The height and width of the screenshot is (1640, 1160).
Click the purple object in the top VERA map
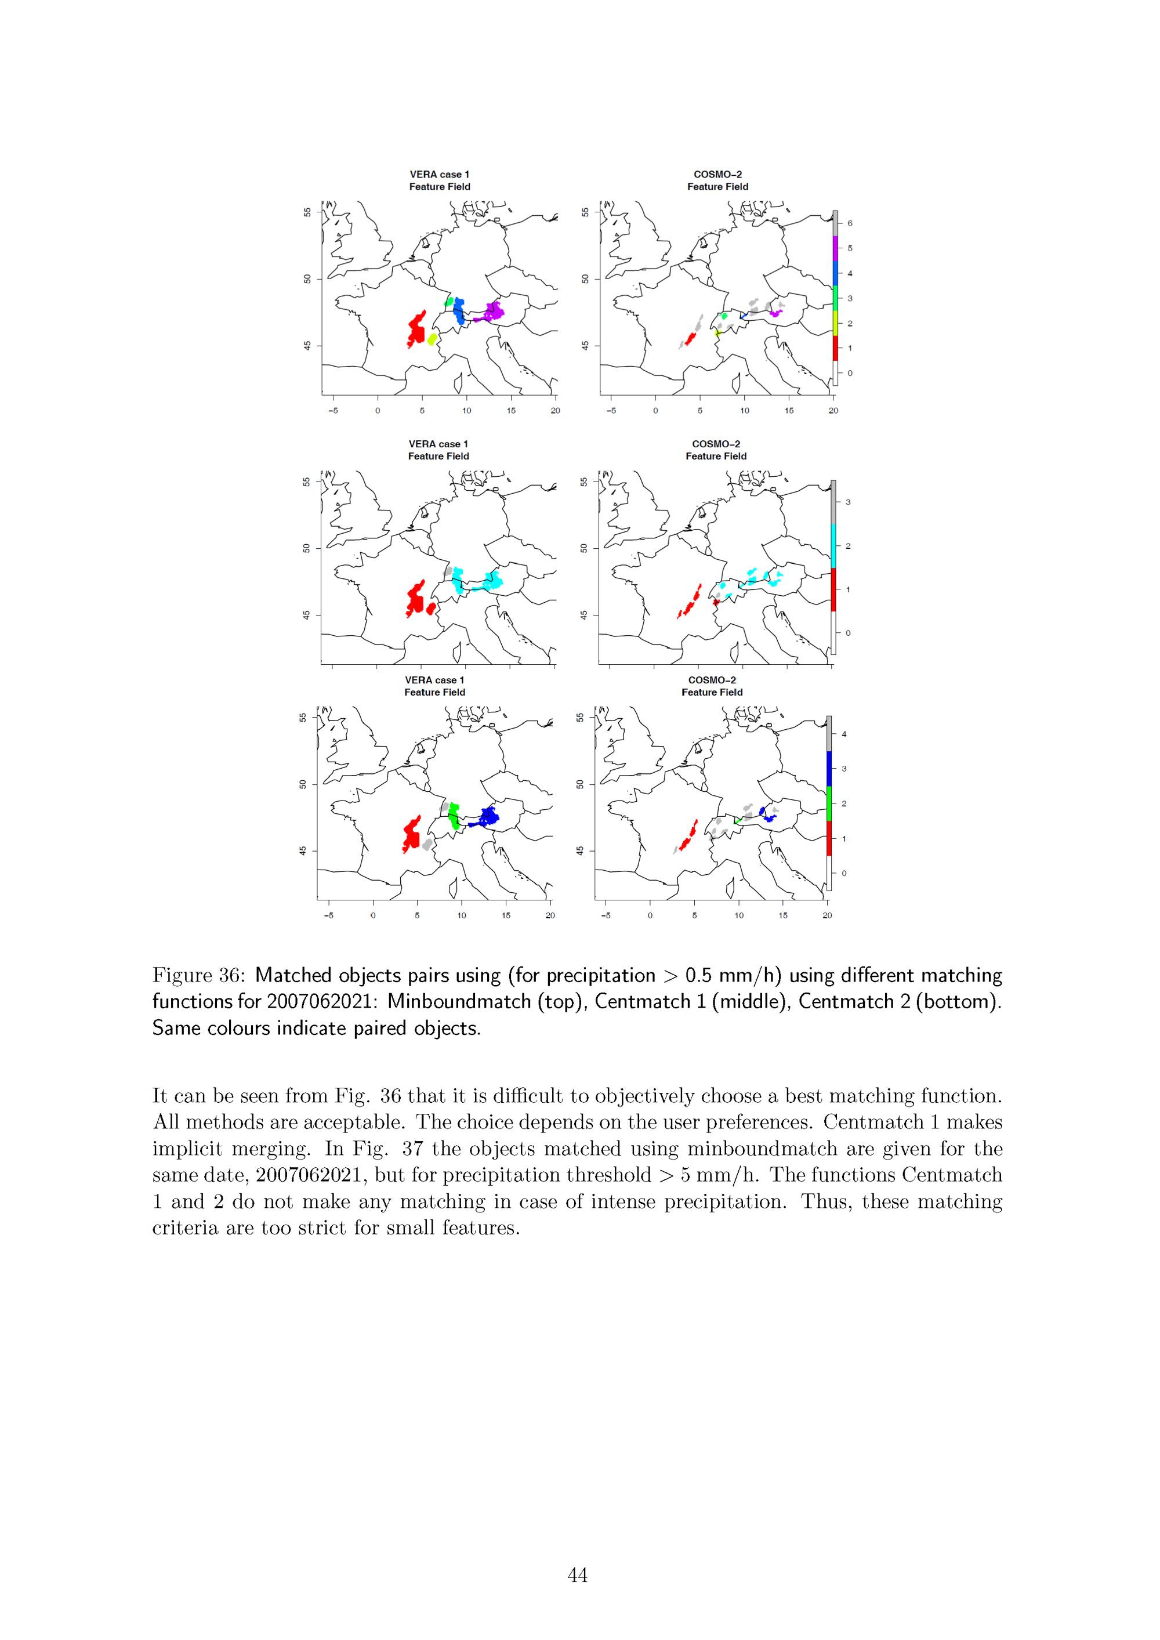coord(493,312)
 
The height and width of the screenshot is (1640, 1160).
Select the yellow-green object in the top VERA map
coord(432,339)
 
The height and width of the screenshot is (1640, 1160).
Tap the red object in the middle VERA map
coord(416,599)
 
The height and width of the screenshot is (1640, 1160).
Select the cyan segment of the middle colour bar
coord(833,546)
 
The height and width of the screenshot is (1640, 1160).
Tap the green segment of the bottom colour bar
coord(829,803)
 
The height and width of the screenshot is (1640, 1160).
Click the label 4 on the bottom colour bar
coord(844,734)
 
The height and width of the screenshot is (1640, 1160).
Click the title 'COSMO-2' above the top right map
coord(718,174)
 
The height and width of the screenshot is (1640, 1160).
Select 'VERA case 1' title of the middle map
coord(438,444)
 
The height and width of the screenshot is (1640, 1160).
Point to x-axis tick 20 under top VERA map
coord(555,411)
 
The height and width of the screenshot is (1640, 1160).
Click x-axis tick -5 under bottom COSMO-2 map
coord(606,915)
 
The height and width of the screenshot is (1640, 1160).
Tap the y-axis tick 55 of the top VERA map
coord(307,213)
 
